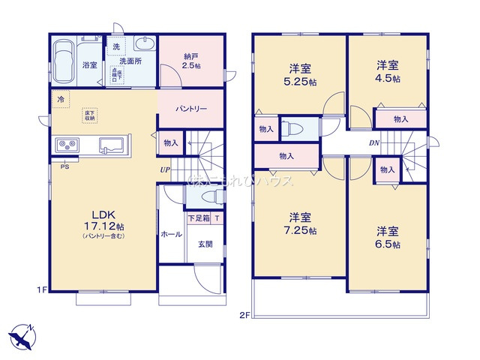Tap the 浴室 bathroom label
pos(90,65)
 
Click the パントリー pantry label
pos(191,109)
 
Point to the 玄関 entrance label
pos(206,243)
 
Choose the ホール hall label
pos(171,234)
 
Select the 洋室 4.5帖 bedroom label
pos(388,71)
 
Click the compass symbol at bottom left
pos(22,335)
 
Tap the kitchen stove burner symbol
pos(63,145)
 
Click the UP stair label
pos(163,169)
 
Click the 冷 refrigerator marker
pos(58,98)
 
